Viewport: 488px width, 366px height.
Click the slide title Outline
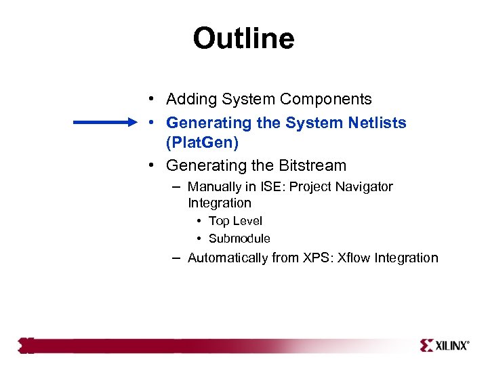tap(243, 39)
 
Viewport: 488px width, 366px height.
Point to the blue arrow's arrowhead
tap(132, 123)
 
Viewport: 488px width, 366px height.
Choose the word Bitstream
tap(311, 165)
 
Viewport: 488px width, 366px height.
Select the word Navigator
tap(365, 186)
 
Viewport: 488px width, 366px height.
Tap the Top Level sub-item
tap(235, 221)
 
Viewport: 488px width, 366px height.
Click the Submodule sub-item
tap(239, 239)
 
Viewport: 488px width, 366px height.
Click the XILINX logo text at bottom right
tap(451, 346)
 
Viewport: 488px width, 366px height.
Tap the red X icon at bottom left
tap(26, 346)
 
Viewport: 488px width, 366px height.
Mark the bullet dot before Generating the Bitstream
tap(155, 165)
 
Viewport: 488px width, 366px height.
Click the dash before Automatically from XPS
tap(176, 258)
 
